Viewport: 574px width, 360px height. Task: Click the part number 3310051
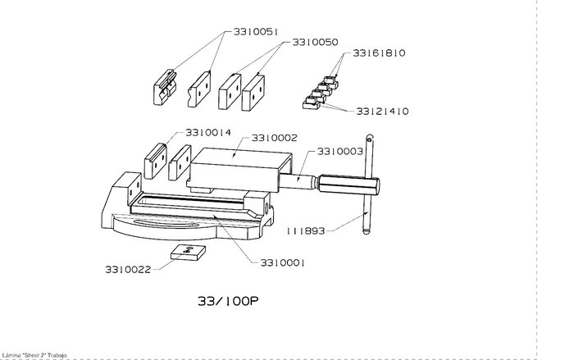point(256,32)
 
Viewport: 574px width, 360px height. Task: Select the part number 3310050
point(315,42)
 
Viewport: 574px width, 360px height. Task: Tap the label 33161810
point(379,53)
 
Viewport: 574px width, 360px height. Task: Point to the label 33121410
point(382,112)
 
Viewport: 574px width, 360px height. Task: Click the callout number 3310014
point(208,132)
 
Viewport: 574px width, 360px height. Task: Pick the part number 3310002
point(275,138)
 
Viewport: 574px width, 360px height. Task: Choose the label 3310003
point(340,151)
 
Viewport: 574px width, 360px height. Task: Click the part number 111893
point(305,231)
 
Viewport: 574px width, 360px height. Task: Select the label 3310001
point(282,262)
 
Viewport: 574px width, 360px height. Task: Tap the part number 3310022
point(128,270)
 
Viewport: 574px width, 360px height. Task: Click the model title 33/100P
point(228,301)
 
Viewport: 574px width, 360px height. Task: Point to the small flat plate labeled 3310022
point(188,253)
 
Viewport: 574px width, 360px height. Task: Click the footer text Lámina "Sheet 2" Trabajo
point(34,355)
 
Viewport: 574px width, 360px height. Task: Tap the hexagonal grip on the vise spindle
point(348,185)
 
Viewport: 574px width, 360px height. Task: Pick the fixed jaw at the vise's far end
point(126,190)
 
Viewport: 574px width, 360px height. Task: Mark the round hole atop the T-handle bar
point(370,139)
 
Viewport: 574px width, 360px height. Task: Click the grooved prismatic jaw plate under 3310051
point(165,87)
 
